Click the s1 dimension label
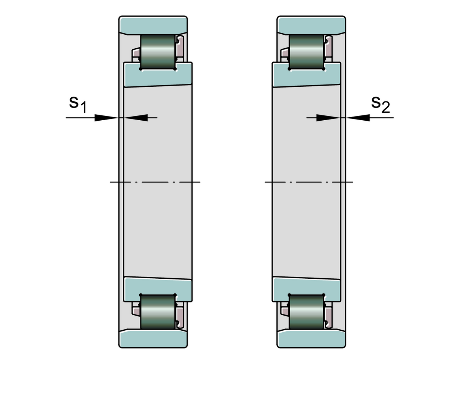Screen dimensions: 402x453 pyautogui.click(x=78, y=104)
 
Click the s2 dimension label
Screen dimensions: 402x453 pyautogui.click(x=380, y=104)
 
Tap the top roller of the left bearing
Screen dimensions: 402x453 pyautogui.click(x=158, y=52)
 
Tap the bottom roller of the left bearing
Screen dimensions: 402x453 pyautogui.click(x=158, y=312)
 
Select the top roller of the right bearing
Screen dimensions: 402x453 pyautogui.click(x=307, y=52)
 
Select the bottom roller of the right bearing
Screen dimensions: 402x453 pyautogui.click(x=307, y=312)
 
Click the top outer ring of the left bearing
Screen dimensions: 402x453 pyautogui.click(x=153, y=25)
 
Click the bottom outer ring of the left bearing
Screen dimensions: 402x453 pyautogui.click(x=153, y=339)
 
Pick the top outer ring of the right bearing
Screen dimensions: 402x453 pyautogui.click(x=311, y=25)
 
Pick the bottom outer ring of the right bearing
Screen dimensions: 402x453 pyautogui.click(x=311, y=339)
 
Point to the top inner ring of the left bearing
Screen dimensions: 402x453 pyautogui.click(x=158, y=77)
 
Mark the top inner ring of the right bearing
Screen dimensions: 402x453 pyautogui.click(x=307, y=77)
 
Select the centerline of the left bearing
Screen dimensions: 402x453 pyautogui.click(x=155, y=182)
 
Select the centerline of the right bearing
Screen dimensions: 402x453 pyautogui.click(x=309, y=182)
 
